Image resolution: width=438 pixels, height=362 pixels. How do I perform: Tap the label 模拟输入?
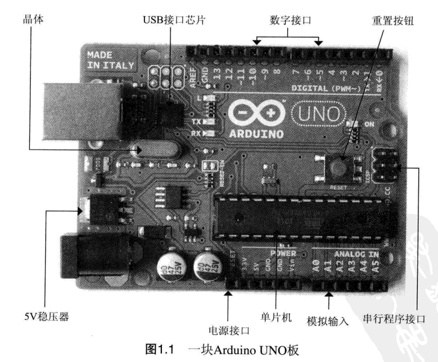point(328,321)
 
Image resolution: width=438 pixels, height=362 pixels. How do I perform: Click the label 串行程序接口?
point(405,317)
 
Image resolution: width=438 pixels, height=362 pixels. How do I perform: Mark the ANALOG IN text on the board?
point(355,254)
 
